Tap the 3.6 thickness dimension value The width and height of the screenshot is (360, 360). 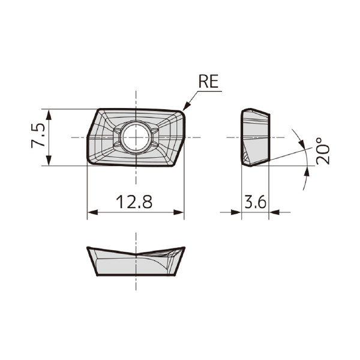point(255,202)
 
